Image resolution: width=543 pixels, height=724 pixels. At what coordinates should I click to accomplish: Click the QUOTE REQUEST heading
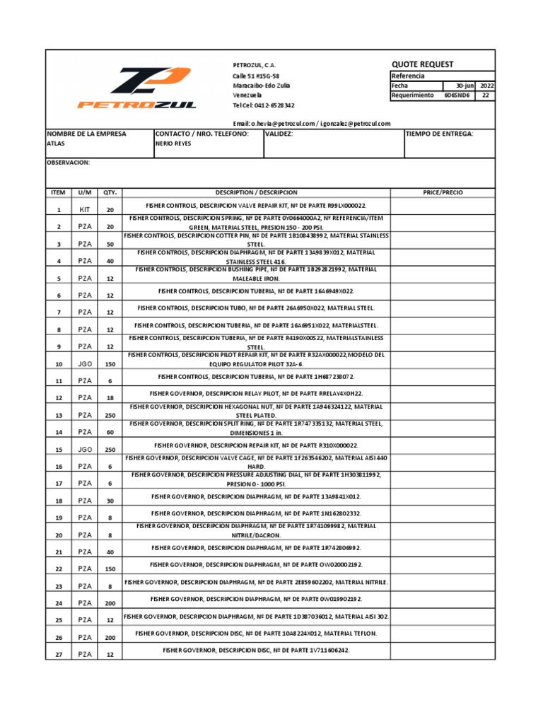point(422,64)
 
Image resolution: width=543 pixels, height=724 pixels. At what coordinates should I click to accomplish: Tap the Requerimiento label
point(412,95)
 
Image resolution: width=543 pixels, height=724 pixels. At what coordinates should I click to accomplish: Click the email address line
point(311,123)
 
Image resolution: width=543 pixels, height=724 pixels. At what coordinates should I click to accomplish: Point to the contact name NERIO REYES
point(173,142)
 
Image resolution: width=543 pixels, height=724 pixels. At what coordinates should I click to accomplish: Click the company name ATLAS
point(55,142)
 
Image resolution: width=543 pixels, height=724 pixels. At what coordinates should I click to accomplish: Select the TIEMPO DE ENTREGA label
point(440,133)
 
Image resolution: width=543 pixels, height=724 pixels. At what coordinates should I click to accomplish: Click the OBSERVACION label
point(68,162)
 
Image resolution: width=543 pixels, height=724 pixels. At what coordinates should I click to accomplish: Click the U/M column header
point(85,192)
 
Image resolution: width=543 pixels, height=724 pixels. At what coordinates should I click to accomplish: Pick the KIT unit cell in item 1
point(85,210)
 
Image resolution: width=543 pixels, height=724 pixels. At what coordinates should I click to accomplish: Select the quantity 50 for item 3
point(110,244)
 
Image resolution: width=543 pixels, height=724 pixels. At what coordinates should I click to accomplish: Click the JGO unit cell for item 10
point(85,364)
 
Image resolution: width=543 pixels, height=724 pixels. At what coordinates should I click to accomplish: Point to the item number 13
point(59,415)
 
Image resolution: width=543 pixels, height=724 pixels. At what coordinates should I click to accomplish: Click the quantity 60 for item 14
point(110,432)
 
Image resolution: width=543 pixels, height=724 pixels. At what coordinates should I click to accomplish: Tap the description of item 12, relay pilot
point(257,392)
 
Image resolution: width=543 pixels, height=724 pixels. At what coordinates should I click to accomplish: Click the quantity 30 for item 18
point(110,501)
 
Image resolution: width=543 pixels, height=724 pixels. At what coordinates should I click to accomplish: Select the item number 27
point(59,655)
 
